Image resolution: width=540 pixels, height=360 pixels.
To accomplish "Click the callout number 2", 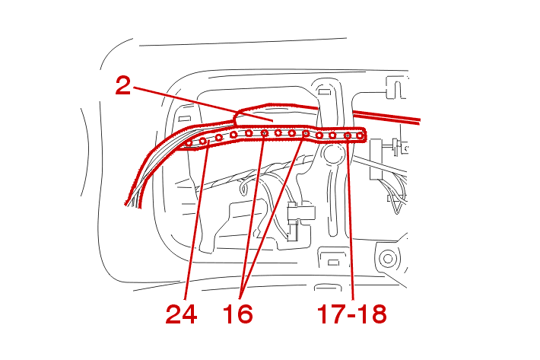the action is [x=123, y=85].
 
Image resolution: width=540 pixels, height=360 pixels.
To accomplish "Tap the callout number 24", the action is [x=181, y=314].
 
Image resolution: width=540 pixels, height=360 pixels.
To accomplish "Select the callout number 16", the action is [x=237, y=314].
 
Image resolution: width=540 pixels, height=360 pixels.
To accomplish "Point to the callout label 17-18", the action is [x=351, y=314].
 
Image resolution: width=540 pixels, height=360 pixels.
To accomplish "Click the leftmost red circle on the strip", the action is [x=189, y=143].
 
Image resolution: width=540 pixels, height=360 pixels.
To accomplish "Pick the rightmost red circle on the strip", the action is [x=360, y=135].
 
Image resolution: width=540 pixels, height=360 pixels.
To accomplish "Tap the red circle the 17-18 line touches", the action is [x=348, y=136].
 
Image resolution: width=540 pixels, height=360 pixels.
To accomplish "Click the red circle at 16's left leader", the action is [x=264, y=133].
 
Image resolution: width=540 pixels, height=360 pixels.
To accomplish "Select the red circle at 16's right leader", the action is [x=306, y=133].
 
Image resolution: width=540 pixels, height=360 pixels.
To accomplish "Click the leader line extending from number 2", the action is [x=203, y=104].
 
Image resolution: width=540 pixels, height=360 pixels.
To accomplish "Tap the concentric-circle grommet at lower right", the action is [x=388, y=258].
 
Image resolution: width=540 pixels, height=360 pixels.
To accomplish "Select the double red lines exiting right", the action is [x=386, y=116].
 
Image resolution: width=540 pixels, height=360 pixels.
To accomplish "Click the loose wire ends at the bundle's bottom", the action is [x=134, y=202].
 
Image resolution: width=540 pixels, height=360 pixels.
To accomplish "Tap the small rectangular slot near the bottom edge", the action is [x=332, y=263].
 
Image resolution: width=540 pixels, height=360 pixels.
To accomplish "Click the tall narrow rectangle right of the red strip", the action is [x=376, y=159].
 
